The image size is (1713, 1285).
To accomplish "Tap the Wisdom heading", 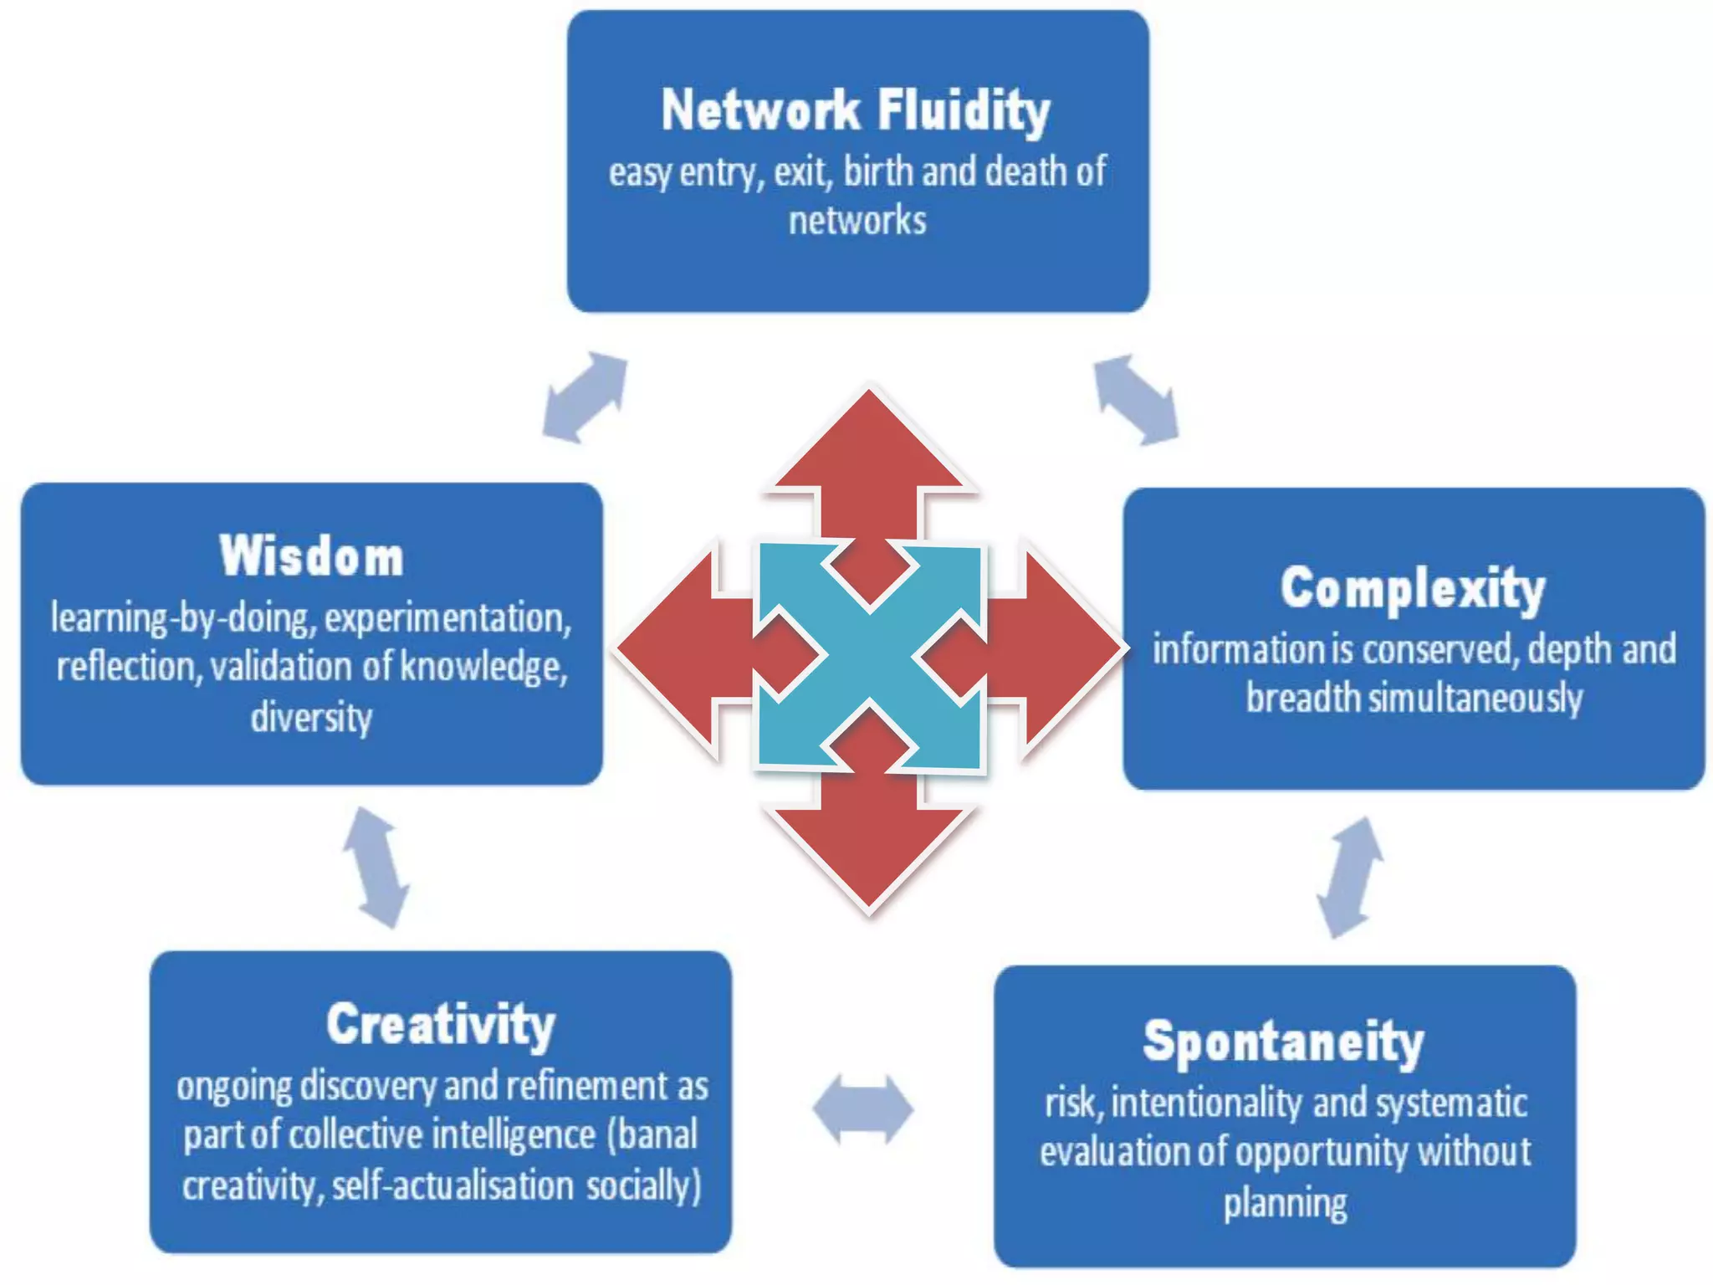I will point(311,555).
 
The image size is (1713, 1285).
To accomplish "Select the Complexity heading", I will point(1412,588).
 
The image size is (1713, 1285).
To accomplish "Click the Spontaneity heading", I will point(1283,1042).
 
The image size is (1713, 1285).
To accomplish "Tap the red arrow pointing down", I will point(870,845).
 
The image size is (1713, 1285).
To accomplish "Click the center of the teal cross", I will point(870,655).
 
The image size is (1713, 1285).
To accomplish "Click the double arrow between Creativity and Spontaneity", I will point(862,1109).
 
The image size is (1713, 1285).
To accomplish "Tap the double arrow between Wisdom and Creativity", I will point(376,868).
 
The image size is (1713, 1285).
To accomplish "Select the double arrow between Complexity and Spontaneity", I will point(1349,878).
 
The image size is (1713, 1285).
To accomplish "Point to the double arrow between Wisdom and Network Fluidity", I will point(585,397).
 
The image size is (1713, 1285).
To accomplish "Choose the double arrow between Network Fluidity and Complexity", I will point(1136,399).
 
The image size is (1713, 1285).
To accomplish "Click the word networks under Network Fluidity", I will point(857,222).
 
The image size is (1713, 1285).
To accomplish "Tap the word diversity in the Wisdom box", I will point(311,718).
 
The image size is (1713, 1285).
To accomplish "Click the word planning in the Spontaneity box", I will point(1285,1203).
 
